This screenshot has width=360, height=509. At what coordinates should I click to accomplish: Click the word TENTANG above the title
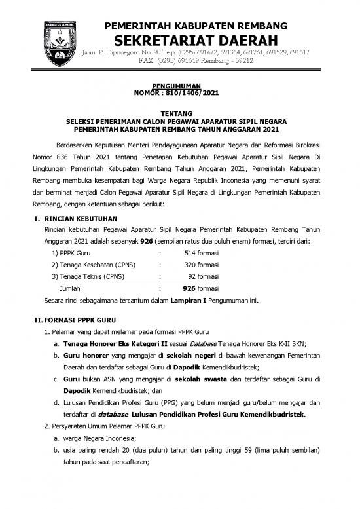click(180, 113)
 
